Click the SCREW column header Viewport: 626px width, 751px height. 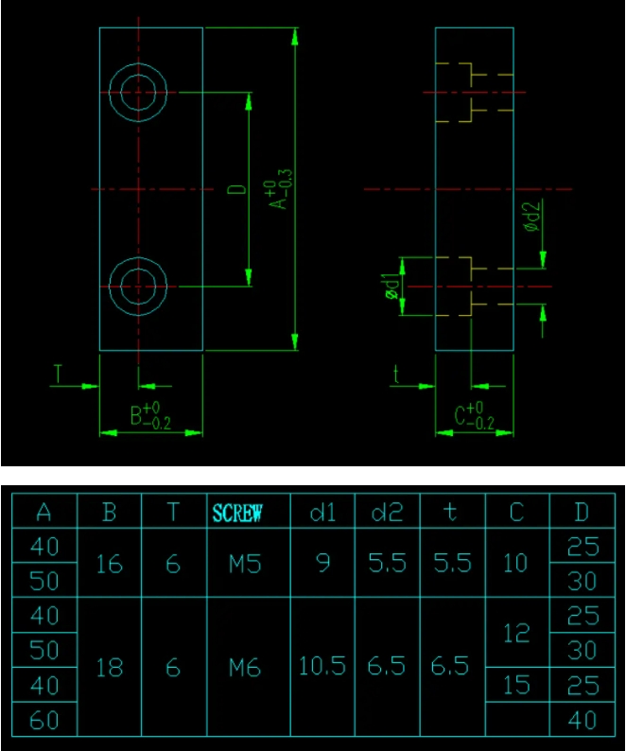[237, 513]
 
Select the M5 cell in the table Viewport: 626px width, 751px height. [243, 564]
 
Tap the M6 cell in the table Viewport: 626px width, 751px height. [243, 668]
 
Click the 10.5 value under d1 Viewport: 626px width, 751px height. [322, 666]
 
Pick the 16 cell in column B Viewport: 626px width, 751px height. [110, 564]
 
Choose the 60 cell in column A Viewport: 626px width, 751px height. [44, 721]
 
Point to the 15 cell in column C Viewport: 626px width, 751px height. [516, 685]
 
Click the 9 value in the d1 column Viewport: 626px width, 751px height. [322, 564]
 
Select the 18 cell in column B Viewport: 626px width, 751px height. [110, 668]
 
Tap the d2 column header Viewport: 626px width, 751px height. [387, 513]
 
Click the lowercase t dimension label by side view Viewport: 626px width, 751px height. [396, 375]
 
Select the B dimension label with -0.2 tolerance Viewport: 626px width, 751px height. [149, 415]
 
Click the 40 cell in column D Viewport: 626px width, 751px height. [583, 721]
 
